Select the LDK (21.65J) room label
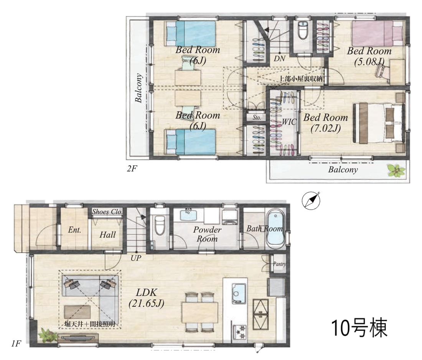click(146, 298)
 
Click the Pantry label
click(279, 264)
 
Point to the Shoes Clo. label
click(107, 211)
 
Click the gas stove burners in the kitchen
click(239, 332)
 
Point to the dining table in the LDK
click(200, 312)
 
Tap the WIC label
click(289, 122)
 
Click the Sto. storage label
click(257, 118)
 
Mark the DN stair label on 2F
click(279, 58)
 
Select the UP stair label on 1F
click(136, 258)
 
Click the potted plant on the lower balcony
click(396, 170)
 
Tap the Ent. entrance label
click(74, 230)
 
